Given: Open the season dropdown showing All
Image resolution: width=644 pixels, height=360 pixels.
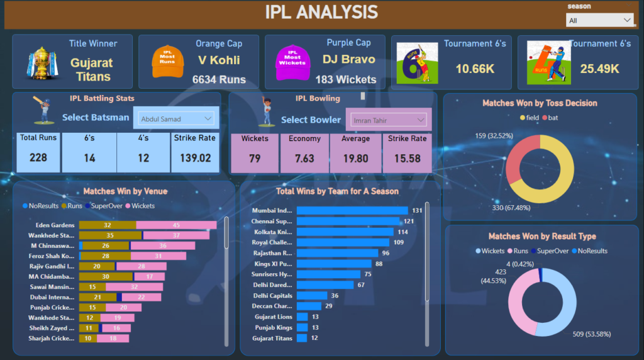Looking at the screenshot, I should [x=599, y=21].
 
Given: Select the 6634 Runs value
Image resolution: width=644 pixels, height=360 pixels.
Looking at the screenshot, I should [x=219, y=80].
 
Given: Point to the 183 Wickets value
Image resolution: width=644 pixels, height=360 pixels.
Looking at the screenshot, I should [x=346, y=80].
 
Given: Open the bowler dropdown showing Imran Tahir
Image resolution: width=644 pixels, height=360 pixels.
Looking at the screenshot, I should [x=386, y=120].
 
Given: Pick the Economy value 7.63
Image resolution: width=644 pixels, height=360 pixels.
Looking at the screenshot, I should [x=304, y=159].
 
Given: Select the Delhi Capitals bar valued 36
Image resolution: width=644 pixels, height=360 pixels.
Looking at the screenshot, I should [x=311, y=295].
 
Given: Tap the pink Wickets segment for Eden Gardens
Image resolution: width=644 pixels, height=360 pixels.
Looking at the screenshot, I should [x=176, y=225].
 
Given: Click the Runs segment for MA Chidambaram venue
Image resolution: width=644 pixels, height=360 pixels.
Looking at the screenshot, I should [x=105, y=276].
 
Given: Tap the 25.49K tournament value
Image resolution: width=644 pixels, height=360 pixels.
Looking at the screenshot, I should [x=599, y=69].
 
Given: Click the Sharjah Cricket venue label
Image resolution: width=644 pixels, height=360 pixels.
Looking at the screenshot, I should [x=52, y=339].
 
